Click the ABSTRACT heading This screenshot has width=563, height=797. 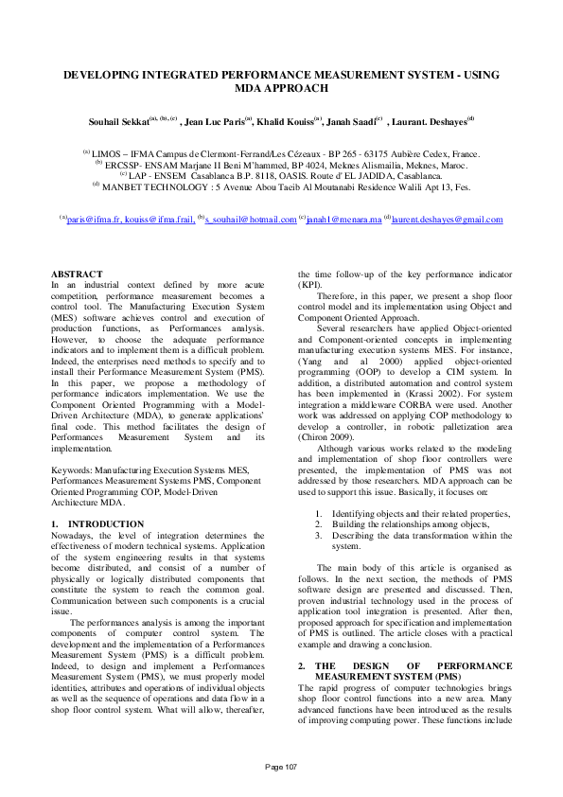point(77,275)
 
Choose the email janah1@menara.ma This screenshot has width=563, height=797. point(342,220)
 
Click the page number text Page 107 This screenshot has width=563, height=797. point(281,766)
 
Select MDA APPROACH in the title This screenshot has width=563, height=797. point(281,88)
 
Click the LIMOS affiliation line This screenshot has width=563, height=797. point(281,153)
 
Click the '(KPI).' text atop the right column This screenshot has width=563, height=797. point(310,284)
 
